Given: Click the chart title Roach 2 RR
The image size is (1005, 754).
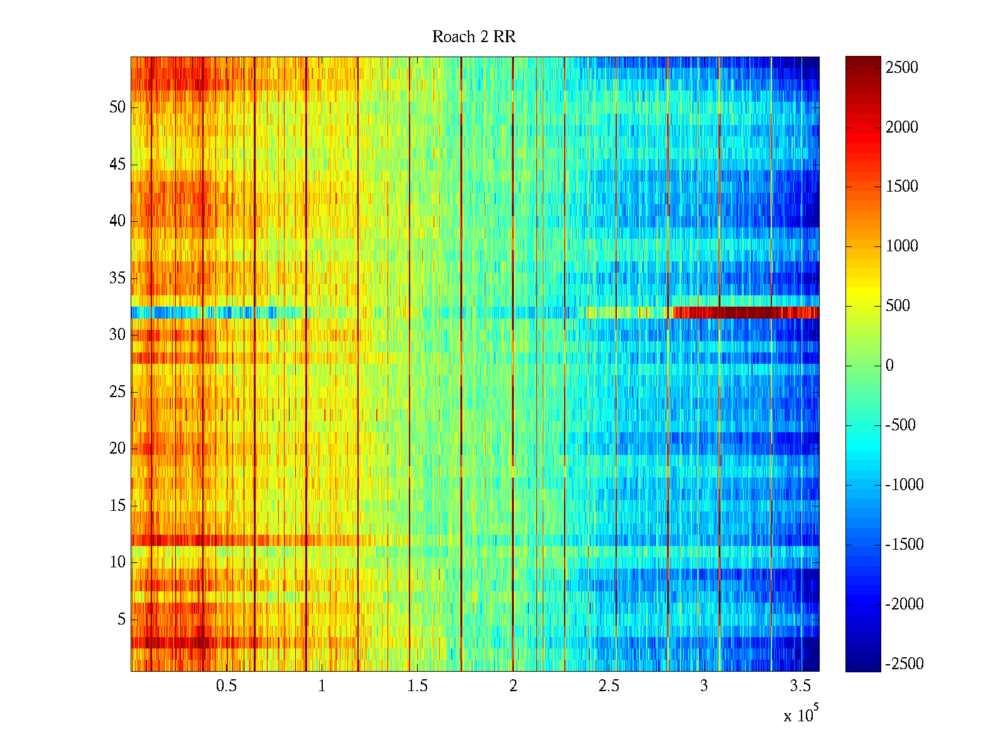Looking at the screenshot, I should pyautogui.click(x=474, y=37).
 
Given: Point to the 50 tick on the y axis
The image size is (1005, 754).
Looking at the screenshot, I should pyautogui.click(x=117, y=107).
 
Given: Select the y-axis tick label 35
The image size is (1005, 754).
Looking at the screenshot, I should pyautogui.click(x=117, y=278).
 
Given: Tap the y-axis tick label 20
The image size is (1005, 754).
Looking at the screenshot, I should pyautogui.click(x=117, y=448).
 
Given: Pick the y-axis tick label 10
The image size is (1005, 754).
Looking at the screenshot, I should pyautogui.click(x=117, y=562).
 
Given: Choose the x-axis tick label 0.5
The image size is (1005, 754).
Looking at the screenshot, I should pyautogui.click(x=226, y=686).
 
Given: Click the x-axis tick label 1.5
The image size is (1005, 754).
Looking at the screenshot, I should pyautogui.click(x=418, y=686).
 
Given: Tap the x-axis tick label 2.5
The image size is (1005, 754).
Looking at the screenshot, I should pyautogui.click(x=609, y=686).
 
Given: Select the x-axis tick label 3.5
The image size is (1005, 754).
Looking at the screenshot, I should pyautogui.click(x=800, y=686).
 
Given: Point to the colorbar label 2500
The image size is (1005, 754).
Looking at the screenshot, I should pyautogui.click(x=902, y=68).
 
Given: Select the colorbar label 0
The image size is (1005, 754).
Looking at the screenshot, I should pyautogui.click(x=889, y=366).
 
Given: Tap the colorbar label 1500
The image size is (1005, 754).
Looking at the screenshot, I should pyautogui.click(x=902, y=187).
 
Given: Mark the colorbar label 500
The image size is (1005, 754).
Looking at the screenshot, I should pyautogui.click(x=898, y=306).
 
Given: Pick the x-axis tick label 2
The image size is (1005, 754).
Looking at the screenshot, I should pyautogui.click(x=513, y=686).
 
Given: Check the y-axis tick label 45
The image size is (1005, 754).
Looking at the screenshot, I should pyautogui.click(x=117, y=164).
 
